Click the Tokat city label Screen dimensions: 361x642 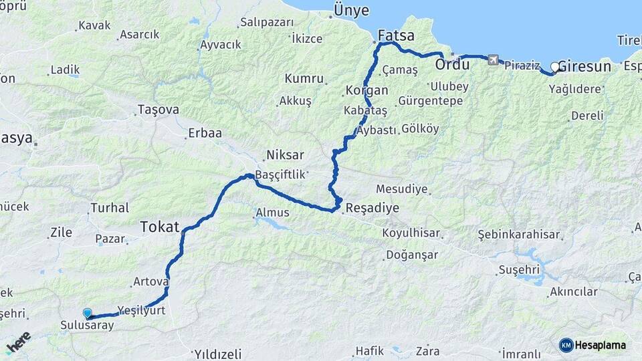(159, 227)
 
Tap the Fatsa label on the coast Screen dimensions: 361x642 (396, 35)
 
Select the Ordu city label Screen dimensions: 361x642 (453, 65)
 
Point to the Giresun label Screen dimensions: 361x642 (584, 67)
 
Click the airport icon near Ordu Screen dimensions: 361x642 (494, 61)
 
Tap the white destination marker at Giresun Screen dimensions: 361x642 (555, 67)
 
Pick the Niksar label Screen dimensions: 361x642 (280, 156)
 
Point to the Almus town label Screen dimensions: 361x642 (273, 213)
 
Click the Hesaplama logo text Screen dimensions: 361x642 (600, 345)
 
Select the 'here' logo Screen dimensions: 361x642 (18, 342)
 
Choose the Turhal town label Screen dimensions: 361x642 (109, 207)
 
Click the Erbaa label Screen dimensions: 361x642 (205, 133)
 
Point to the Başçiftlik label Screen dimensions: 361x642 (280, 174)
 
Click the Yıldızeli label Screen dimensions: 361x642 (217, 354)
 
